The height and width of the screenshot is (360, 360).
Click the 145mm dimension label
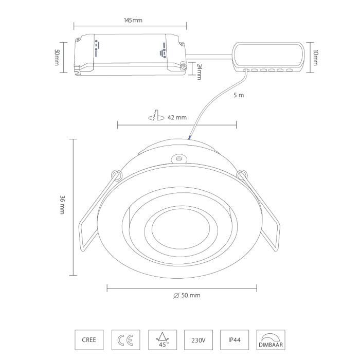[133, 20]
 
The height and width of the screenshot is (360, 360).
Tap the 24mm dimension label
[200, 72]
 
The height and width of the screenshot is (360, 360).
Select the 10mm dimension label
[315, 58]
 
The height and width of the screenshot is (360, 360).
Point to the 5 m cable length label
[239, 95]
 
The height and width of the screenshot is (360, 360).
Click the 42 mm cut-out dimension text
[177, 118]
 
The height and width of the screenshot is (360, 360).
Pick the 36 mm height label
[62, 205]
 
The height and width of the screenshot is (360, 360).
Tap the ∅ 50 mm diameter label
[187, 295]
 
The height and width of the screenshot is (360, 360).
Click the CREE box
[89, 340]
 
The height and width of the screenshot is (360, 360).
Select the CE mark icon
[125, 340]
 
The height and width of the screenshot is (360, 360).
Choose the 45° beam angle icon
[163, 340]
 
